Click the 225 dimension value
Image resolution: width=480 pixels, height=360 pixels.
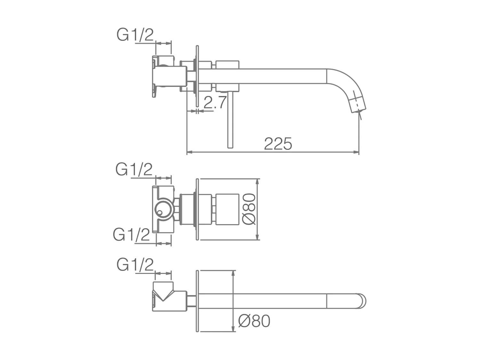pos(278,144)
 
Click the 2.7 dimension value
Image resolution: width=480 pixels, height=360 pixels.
pos(215,103)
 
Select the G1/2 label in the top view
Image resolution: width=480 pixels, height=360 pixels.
pos(135,34)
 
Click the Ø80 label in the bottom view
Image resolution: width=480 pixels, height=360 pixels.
pos(254,321)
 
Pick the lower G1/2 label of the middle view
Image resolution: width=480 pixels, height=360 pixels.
pos(131,235)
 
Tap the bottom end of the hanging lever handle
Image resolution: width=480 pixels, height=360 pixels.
pos(230,146)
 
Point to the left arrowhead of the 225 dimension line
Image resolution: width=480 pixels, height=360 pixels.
pos(189,152)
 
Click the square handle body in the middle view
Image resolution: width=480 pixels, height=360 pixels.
pos(227,209)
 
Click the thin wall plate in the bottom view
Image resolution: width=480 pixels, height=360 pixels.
pos(197,301)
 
